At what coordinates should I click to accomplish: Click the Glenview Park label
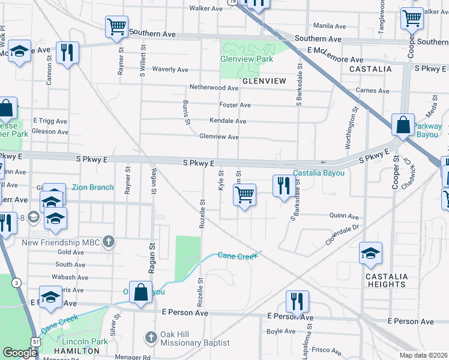(x=247, y=59)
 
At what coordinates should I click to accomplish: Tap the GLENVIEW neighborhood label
(x=263, y=80)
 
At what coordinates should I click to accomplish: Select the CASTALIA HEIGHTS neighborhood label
(x=386, y=280)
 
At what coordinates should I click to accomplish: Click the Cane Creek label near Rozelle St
(x=237, y=256)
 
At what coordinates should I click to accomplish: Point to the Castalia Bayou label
(x=319, y=173)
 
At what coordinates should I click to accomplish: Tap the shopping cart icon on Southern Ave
(x=116, y=26)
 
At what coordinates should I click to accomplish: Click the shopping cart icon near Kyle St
(x=244, y=195)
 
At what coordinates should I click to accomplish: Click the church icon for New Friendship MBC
(x=108, y=242)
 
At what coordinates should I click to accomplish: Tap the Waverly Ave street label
(x=170, y=70)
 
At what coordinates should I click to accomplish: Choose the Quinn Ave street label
(x=344, y=216)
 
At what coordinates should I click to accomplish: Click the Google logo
(x=20, y=353)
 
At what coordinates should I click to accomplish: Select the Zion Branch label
(x=92, y=187)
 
